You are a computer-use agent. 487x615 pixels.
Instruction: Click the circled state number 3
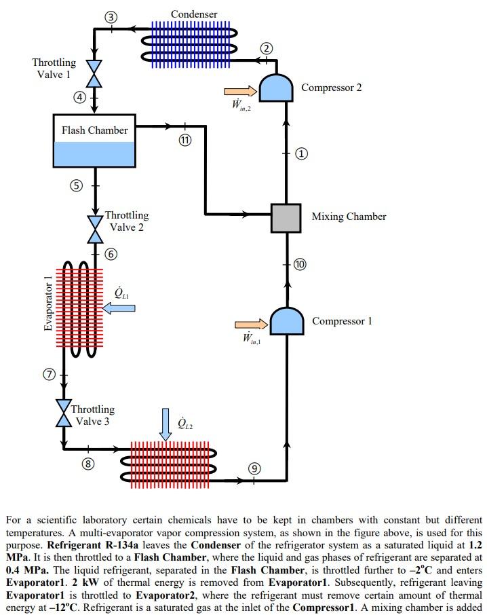click(x=111, y=17)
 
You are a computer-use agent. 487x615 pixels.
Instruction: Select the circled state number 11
click(x=185, y=140)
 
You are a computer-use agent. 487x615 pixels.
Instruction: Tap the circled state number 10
click(x=300, y=264)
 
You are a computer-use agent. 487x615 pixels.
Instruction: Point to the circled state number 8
click(x=88, y=464)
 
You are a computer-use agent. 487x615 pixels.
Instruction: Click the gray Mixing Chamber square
click(x=286, y=218)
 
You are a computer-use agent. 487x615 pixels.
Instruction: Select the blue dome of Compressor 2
click(x=276, y=88)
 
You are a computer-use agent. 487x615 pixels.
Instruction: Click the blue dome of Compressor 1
click(x=287, y=320)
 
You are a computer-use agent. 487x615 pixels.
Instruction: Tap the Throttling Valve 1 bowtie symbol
click(x=94, y=73)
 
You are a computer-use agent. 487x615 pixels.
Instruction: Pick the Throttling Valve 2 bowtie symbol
click(x=95, y=229)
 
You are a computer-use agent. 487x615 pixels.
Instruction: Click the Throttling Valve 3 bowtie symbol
click(x=64, y=413)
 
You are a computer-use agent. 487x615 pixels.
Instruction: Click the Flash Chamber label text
click(x=95, y=130)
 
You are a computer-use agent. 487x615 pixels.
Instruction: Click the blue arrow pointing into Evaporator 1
click(x=119, y=308)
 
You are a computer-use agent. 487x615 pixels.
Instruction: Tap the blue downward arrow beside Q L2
click(x=165, y=424)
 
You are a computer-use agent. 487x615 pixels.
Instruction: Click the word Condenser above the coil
click(x=194, y=14)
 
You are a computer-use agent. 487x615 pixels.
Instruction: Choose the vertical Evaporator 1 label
click(x=47, y=303)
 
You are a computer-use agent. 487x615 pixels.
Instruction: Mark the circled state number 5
click(x=77, y=185)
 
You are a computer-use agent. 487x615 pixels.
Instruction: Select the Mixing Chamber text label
click(x=349, y=217)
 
